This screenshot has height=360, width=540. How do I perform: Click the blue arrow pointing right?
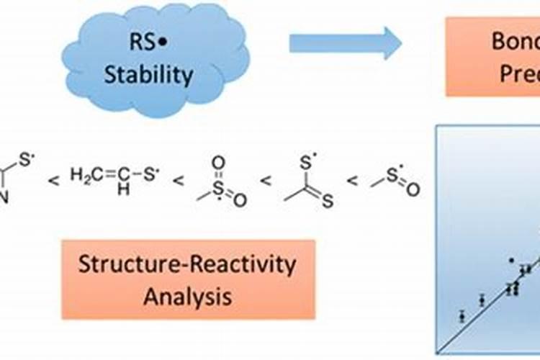click(345, 43)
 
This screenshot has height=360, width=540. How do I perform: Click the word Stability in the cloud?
click(149, 74)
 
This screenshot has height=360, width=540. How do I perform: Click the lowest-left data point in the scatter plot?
click(462, 315)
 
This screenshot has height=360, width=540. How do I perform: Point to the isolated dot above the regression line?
click(511, 260)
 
